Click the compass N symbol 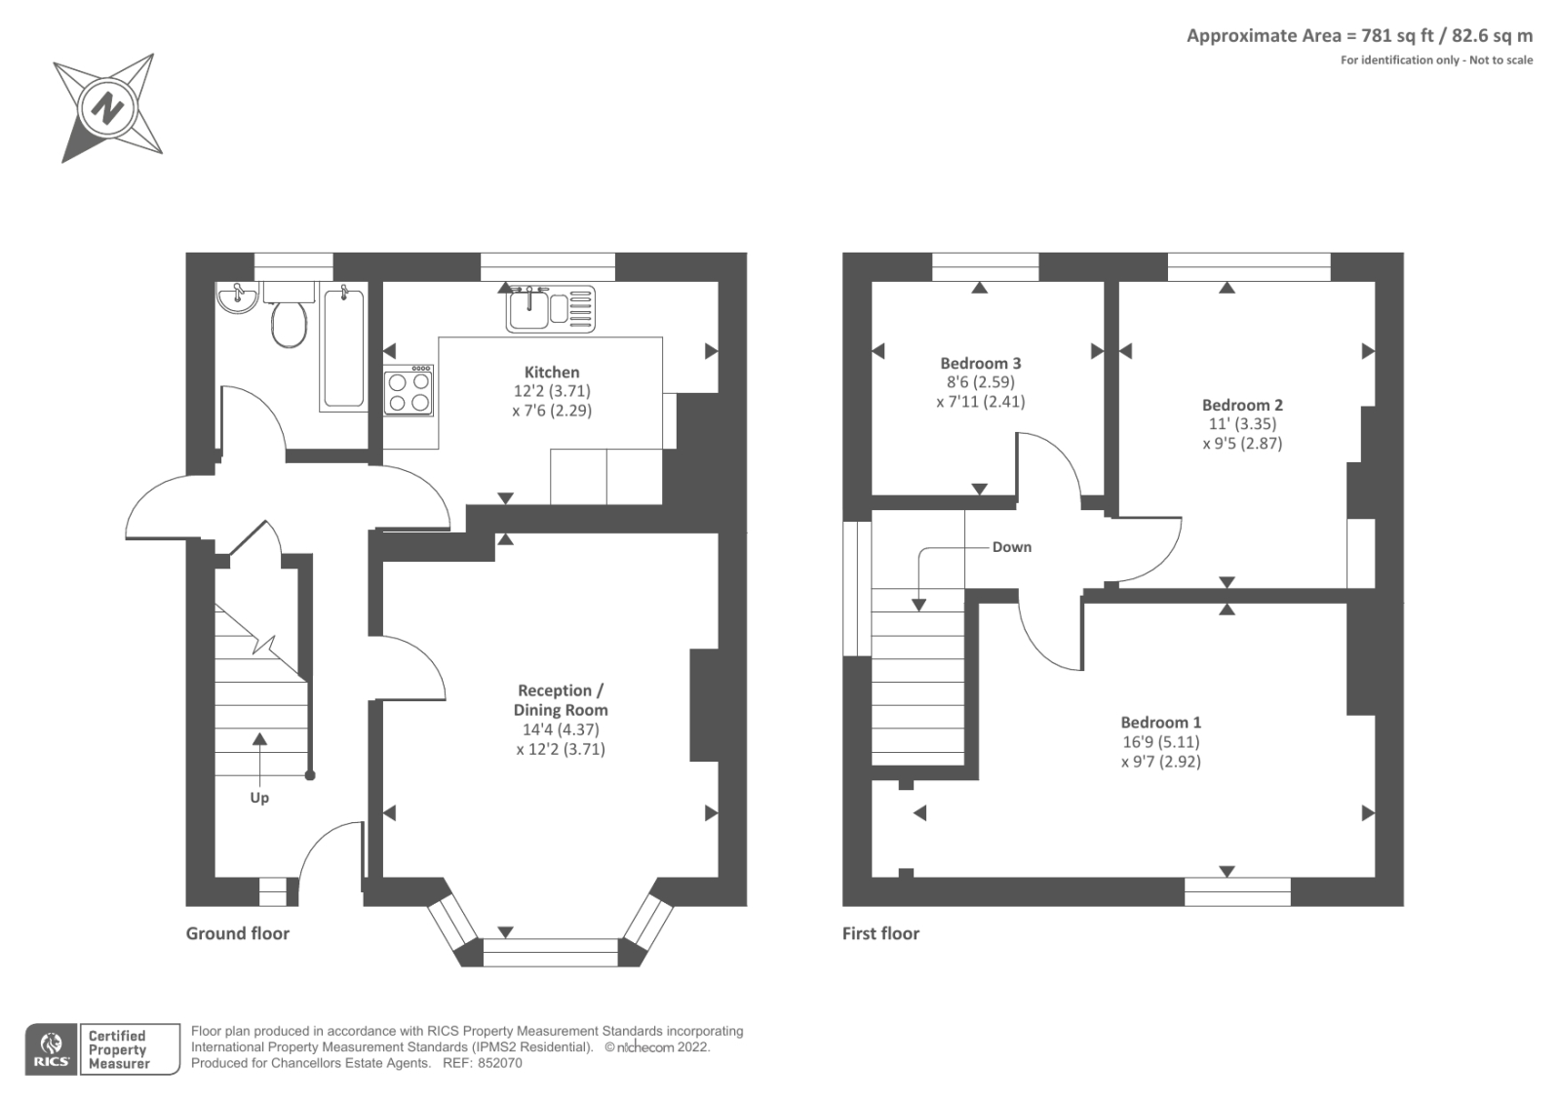(106, 106)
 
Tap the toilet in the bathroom (289, 322)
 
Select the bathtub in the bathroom (343, 348)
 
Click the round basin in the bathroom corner (236, 298)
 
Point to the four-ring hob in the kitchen (409, 391)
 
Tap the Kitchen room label (552, 372)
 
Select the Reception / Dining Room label (560, 700)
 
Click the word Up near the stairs (259, 798)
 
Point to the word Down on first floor (1011, 547)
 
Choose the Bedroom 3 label (980, 363)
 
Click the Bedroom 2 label (1242, 405)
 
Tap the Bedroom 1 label (1160, 723)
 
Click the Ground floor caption (238, 933)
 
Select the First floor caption (880, 933)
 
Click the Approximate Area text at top (1359, 36)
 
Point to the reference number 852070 (499, 1063)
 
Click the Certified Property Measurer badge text (119, 1050)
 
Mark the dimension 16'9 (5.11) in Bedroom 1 (1160, 742)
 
